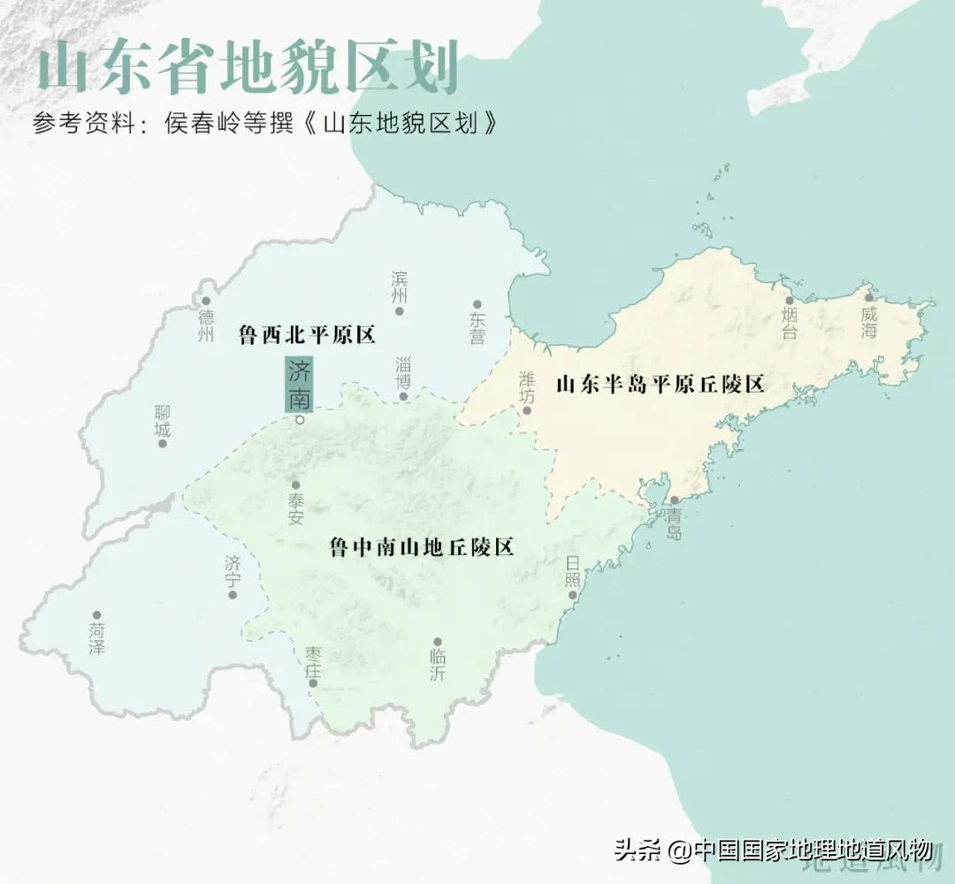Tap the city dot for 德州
pos(206,301)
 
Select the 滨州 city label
pos(400,286)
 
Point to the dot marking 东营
pos(477,304)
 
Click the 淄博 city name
pos(404,371)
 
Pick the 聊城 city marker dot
pos(163,443)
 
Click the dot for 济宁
pos(233,595)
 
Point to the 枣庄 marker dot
pos(312,683)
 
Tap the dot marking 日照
pos(573,595)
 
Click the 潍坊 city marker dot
pos(527,409)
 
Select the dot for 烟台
pos(790,301)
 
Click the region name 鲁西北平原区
pos(308,335)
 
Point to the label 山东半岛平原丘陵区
pos(660,385)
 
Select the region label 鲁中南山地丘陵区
pos(422,547)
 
